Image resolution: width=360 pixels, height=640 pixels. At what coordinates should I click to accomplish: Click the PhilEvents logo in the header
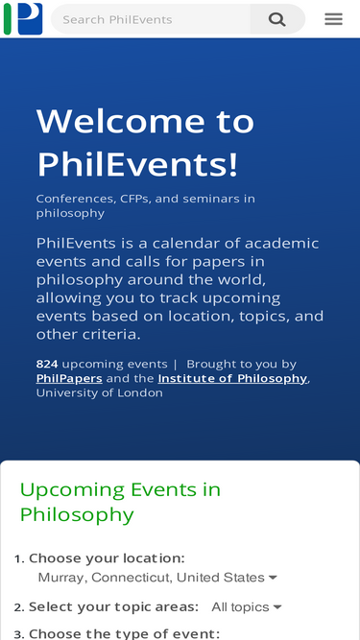click(23, 18)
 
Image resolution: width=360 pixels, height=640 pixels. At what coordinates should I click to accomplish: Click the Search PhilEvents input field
click(152, 19)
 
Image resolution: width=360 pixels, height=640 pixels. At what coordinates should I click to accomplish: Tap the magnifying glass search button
click(277, 19)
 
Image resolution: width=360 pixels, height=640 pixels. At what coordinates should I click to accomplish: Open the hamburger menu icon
click(333, 19)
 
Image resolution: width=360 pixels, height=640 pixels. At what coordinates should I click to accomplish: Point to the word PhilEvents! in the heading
click(137, 165)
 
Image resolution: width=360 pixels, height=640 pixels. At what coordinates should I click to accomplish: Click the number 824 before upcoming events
click(47, 365)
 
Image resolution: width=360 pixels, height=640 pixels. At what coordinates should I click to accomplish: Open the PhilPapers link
click(69, 379)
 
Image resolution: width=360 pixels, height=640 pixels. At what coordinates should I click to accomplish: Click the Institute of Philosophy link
click(232, 379)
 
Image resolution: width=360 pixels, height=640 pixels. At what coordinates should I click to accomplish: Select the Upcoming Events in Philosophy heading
click(120, 502)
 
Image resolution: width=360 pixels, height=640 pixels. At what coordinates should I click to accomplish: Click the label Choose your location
click(107, 558)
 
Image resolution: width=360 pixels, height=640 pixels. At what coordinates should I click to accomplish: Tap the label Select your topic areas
click(113, 607)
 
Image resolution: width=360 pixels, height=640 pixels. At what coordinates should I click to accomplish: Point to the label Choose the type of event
click(124, 633)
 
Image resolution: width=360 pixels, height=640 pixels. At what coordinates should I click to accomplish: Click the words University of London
click(100, 393)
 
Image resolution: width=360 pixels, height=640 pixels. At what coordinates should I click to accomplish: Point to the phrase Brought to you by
click(241, 365)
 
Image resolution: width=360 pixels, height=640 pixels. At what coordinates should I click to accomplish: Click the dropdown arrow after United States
click(273, 578)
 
